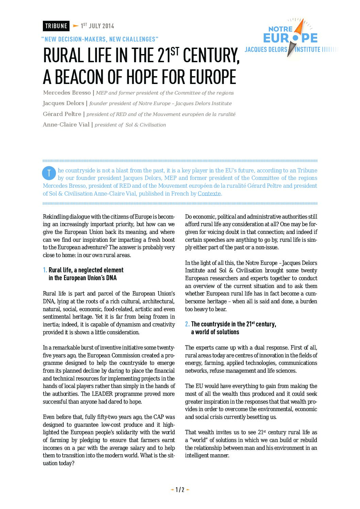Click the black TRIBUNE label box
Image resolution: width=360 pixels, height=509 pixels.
click(x=56, y=26)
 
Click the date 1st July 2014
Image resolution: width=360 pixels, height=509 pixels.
click(x=97, y=26)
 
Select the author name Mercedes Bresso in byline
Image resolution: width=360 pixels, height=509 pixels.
click(x=67, y=93)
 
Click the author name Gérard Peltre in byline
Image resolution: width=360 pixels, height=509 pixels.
click(x=62, y=114)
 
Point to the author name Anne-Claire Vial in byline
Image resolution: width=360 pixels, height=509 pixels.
click(x=66, y=124)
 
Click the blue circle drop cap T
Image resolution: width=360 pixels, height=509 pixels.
click(x=49, y=173)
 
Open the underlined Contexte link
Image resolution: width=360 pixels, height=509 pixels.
click(x=209, y=193)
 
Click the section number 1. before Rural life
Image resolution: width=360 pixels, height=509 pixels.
click(x=45, y=270)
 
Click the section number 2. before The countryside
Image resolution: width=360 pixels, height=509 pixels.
click(x=187, y=324)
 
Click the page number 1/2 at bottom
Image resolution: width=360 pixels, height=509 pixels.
click(x=180, y=490)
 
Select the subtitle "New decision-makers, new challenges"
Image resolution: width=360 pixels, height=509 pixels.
click(x=100, y=39)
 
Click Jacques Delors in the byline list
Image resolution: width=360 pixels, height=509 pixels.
click(x=63, y=103)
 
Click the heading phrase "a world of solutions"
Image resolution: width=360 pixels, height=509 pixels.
click(x=215, y=332)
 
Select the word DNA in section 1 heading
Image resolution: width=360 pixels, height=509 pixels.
click(x=111, y=278)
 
